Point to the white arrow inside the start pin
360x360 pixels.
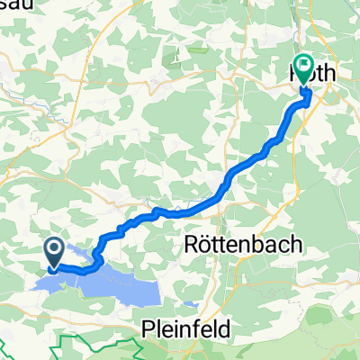pos(54,251)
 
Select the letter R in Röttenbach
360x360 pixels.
pos(191,245)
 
